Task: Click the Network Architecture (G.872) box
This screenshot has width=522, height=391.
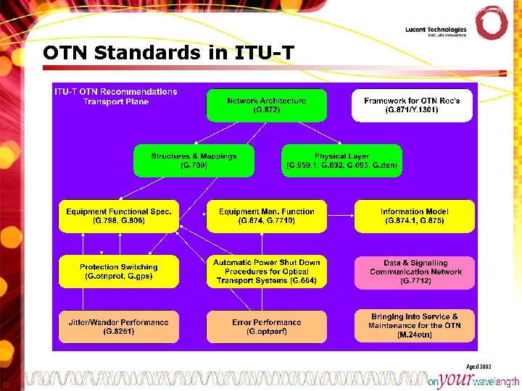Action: point(266,105)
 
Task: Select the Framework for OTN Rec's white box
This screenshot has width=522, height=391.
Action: point(411,105)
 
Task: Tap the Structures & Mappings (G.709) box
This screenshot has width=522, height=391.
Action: point(194,161)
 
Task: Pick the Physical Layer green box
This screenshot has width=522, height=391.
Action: point(341,161)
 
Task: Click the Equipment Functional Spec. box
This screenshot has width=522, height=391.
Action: point(119,216)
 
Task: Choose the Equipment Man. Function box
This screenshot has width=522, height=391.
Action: point(266,216)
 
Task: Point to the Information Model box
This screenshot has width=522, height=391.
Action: point(413,216)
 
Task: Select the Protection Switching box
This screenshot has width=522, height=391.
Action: point(119,272)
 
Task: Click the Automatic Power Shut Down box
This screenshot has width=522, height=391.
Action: point(266,272)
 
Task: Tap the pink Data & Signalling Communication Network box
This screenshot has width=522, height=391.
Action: point(413,272)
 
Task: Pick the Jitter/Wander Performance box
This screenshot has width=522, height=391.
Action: point(119,327)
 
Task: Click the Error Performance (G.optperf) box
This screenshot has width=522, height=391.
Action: point(266,327)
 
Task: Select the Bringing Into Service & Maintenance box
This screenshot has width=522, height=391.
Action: point(413,326)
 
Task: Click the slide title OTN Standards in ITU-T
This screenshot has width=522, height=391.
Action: point(168,53)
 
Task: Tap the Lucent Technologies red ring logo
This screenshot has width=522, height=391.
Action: point(491,24)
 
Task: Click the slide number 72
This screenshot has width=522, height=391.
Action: point(6,384)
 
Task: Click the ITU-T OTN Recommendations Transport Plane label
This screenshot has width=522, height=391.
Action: point(116,96)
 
